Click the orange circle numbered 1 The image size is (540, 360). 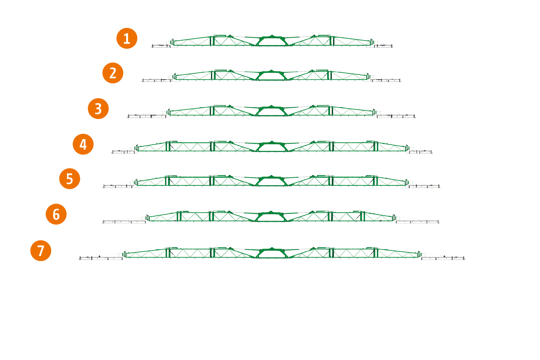click(127, 38)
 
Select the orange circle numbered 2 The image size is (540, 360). click(113, 73)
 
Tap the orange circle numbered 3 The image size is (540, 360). click(98, 109)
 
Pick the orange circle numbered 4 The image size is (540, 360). click(83, 144)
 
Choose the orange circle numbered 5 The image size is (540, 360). click(70, 179)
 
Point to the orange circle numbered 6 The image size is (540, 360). click(56, 214)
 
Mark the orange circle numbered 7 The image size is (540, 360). click(41, 251)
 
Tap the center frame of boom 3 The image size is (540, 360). click(272, 111)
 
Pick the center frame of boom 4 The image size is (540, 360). click(272, 147)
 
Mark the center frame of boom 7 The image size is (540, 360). click(272, 253)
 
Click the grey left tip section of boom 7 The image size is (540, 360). click(101, 258)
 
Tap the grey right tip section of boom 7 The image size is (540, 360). click(443, 258)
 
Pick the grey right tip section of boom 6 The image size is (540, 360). click(417, 222)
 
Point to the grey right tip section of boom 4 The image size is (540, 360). click(420, 152)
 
